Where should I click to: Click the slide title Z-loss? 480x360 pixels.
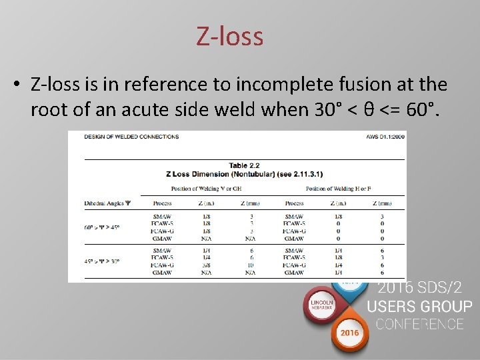click(x=230, y=36)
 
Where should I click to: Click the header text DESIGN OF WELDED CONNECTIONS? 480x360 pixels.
click(x=131, y=137)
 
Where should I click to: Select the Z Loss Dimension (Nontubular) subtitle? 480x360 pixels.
click(x=244, y=174)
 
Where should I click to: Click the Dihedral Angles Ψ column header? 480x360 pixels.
click(x=107, y=203)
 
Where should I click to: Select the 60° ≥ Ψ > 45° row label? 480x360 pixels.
click(x=101, y=227)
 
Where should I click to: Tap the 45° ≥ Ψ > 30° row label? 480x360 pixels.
click(x=101, y=261)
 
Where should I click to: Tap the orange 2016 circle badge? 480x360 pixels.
click(x=349, y=333)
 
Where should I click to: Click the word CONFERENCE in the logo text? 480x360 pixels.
click(x=419, y=324)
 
